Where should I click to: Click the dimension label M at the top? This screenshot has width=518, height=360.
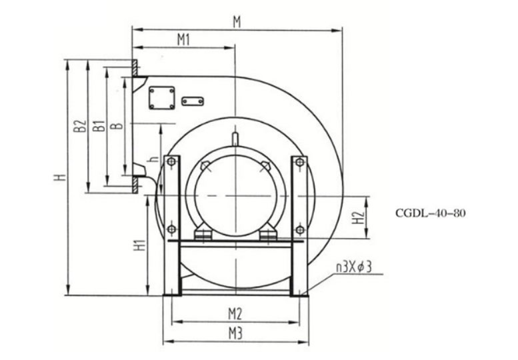pos(237,22)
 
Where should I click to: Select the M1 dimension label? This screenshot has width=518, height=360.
pos(184,40)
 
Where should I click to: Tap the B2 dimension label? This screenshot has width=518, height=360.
pos(80,126)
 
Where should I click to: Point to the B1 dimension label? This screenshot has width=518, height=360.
pos(99,126)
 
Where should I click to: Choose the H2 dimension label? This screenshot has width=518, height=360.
pos(358,217)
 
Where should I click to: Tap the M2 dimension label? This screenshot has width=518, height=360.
pos(235,314)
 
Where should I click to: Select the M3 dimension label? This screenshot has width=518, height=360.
pos(235,333)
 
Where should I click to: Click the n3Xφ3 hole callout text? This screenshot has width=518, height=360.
pos(354,267)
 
